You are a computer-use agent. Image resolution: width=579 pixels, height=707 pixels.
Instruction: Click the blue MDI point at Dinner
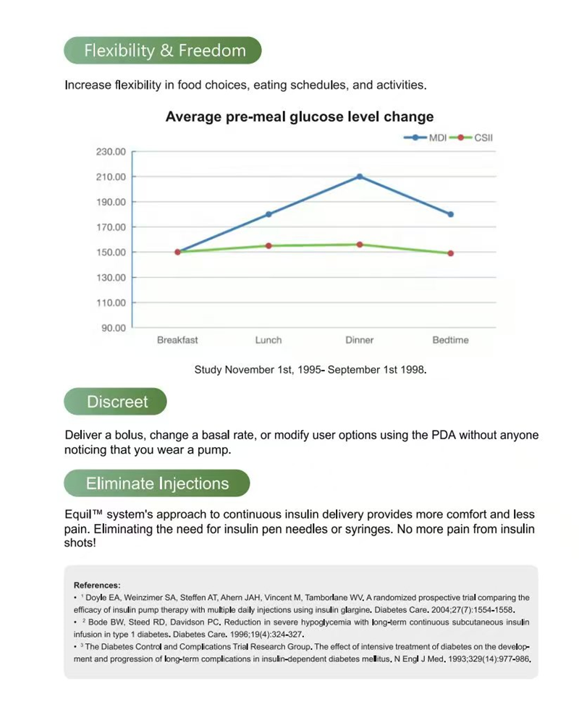point(360,177)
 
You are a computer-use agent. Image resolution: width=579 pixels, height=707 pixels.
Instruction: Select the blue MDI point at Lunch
point(269,214)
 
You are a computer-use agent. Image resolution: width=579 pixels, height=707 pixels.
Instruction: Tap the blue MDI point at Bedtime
point(450,214)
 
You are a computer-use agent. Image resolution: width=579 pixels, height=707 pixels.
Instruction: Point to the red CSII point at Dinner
point(360,245)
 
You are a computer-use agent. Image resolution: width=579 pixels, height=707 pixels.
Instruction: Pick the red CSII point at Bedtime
point(450,253)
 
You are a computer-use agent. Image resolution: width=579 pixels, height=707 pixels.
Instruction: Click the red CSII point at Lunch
point(269,246)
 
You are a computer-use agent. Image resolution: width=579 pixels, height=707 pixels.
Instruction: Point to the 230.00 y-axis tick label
point(111,152)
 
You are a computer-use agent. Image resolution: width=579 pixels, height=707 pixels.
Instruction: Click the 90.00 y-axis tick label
point(113,328)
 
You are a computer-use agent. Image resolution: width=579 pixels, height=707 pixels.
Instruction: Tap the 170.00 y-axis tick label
point(111,227)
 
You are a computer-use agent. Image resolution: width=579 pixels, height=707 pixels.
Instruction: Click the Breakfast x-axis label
point(177,340)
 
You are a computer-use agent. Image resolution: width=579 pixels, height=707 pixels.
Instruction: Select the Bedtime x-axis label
point(450,340)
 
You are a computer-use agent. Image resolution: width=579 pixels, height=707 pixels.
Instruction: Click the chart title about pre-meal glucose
point(300,117)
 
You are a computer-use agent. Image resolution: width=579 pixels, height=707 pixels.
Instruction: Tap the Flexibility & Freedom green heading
point(164,51)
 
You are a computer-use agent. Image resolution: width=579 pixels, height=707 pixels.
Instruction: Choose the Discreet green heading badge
point(117,402)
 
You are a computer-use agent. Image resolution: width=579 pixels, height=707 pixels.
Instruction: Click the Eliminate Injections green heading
point(157,483)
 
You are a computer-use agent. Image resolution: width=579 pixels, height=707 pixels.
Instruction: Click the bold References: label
point(97,585)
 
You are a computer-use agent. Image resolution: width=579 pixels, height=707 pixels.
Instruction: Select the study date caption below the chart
point(310,370)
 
